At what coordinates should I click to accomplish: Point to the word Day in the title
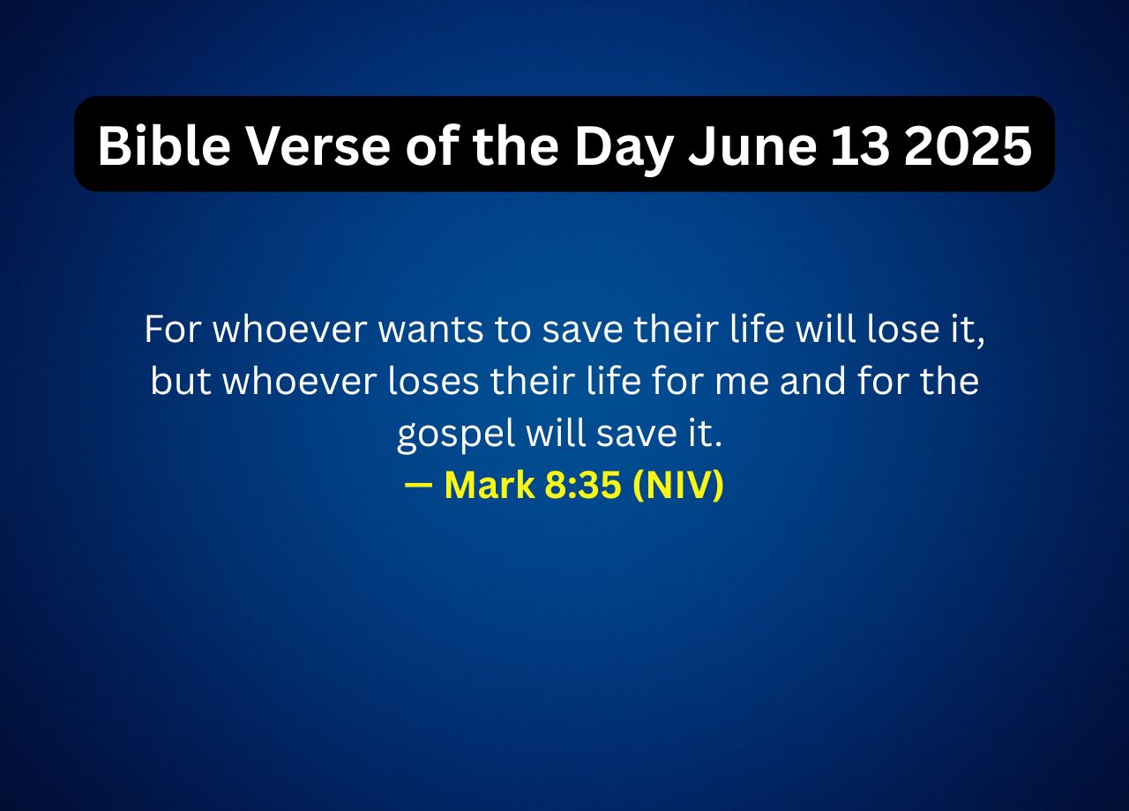pos(624,145)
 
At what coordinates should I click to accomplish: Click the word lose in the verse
pos(906,331)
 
